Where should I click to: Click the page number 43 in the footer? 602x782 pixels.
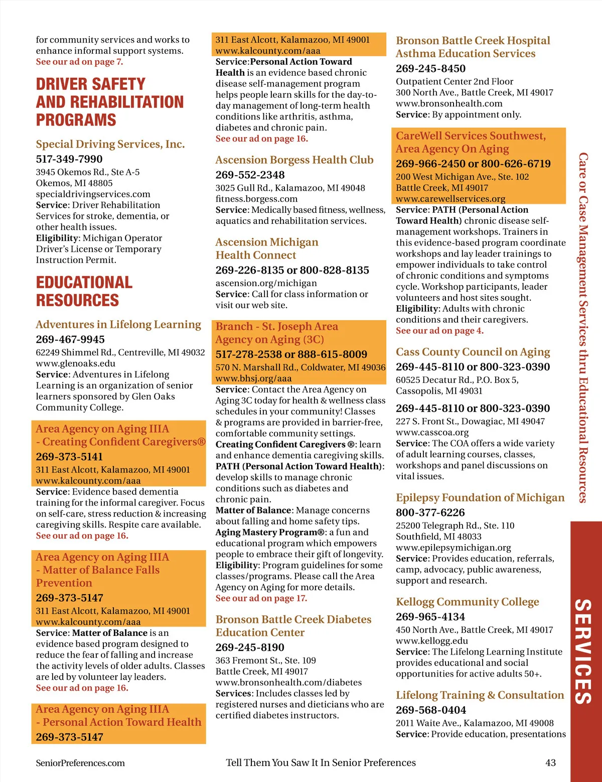[550, 762]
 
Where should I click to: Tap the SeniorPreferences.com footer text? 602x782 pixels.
[80, 763]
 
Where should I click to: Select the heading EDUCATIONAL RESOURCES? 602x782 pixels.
[84, 291]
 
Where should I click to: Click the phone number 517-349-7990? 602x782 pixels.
[69, 159]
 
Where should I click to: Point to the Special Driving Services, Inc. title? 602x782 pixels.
[110, 144]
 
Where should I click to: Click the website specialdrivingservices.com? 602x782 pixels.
[93, 194]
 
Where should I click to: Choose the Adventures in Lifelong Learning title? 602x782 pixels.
[118, 324]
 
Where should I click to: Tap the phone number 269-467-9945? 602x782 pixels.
[70, 339]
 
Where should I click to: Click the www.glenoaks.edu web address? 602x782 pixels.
[75, 363]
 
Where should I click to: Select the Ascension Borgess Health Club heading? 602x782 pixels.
[294, 160]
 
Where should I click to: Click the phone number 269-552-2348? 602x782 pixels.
[250, 175]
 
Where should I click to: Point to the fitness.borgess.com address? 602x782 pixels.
[253, 199]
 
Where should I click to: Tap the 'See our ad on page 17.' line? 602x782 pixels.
[261, 598]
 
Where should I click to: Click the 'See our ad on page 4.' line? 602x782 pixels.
[439, 331]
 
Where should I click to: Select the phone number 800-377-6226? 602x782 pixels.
[430, 512]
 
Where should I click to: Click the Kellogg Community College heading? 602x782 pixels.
[468, 601]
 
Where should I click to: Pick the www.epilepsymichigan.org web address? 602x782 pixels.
[454, 548]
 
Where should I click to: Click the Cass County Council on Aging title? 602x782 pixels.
[473, 352]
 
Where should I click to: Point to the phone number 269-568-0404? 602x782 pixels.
[431, 710]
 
